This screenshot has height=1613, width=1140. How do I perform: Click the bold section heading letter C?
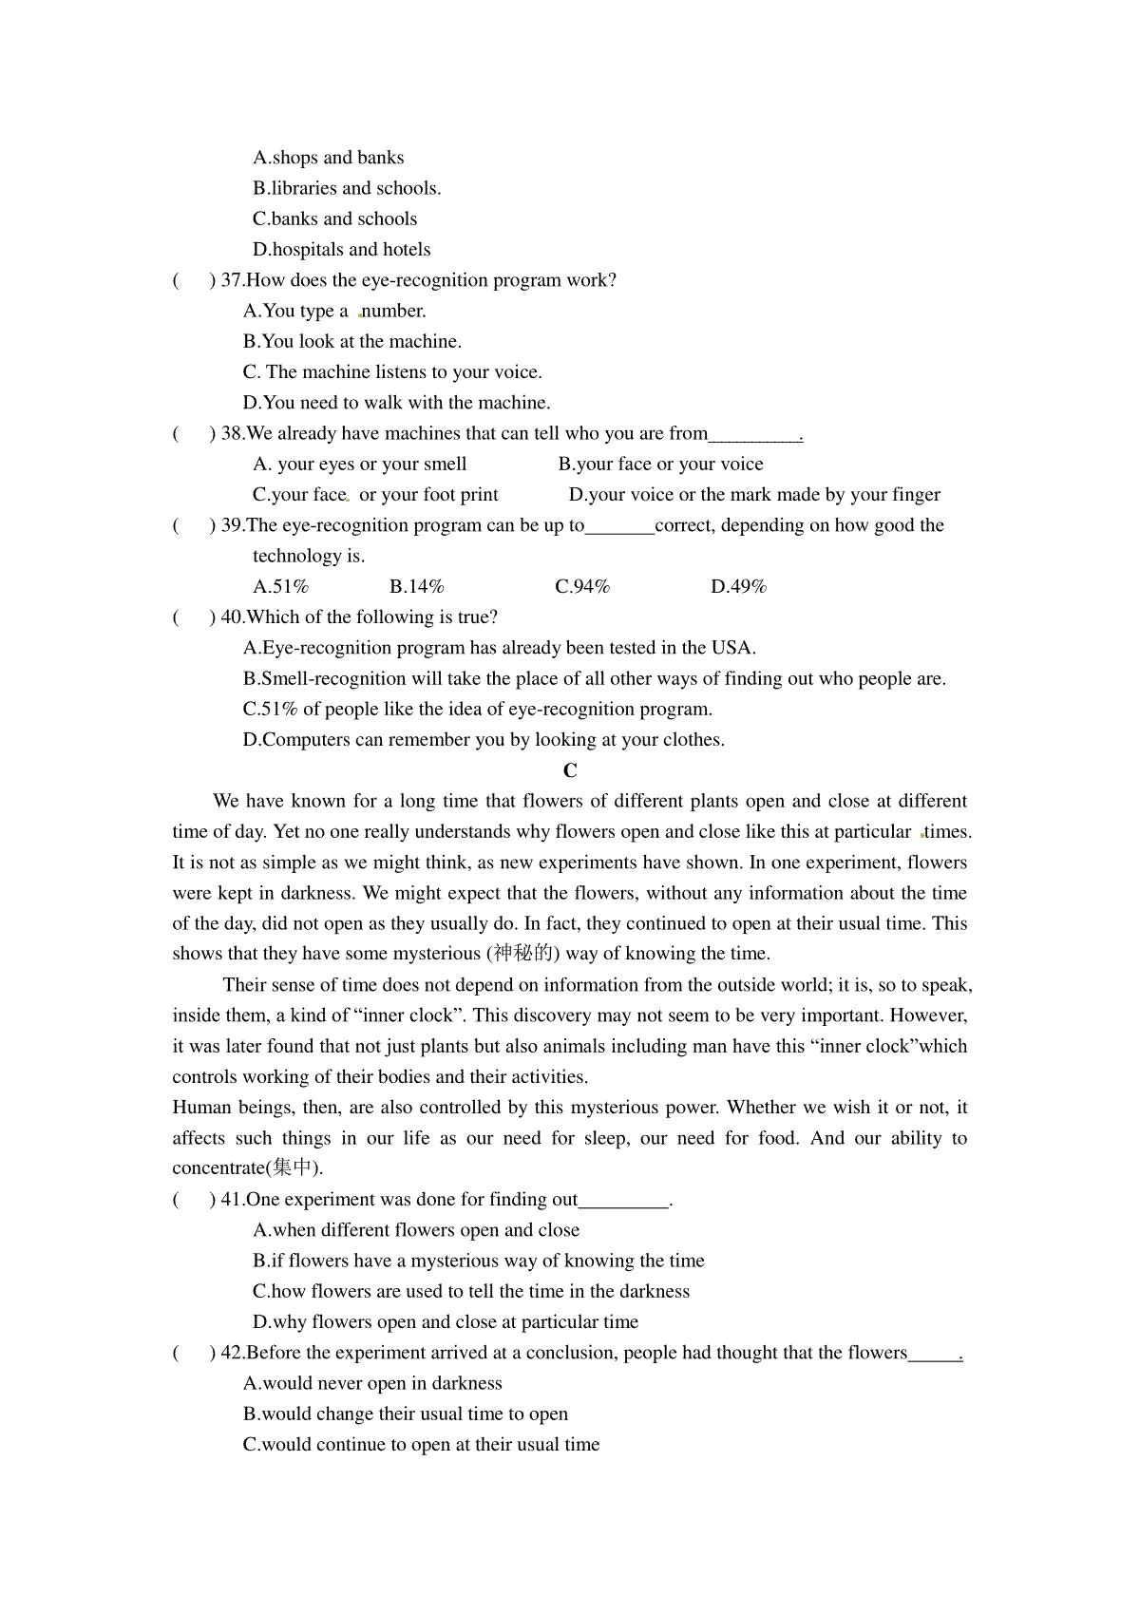[x=570, y=770]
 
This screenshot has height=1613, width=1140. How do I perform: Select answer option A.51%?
[x=280, y=586]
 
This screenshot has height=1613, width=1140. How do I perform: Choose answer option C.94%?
[x=582, y=586]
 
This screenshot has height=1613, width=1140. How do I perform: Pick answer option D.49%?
[x=738, y=586]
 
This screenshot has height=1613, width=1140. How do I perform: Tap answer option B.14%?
[x=417, y=586]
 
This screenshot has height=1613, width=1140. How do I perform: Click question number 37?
[x=231, y=280]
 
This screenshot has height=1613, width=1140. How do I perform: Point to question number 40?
[x=231, y=617]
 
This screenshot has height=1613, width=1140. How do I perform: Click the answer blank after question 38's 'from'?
[x=754, y=434]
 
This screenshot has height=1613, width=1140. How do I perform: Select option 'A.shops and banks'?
[x=329, y=158]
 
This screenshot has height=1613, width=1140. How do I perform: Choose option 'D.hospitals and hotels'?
[x=342, y=250]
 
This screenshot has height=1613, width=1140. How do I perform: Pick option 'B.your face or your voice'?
[x=661, y=464]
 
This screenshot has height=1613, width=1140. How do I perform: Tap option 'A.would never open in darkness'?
[x=372, y=1383]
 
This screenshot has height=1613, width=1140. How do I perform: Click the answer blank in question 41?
[x=623, y=1200]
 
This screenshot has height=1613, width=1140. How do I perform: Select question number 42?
[x=231, y=1353]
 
